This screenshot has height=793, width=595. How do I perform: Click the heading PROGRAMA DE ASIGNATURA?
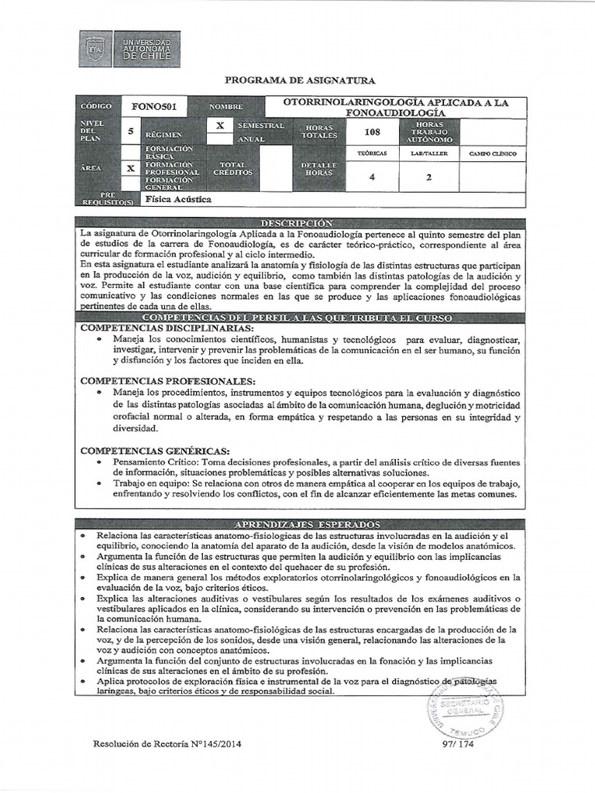point(299,81)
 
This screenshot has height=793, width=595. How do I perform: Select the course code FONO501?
point(158,106)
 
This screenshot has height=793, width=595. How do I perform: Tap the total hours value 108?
point(372,132)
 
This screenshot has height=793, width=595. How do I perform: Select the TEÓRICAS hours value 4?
point(372,177)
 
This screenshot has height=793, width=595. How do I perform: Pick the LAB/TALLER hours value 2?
point(429,177)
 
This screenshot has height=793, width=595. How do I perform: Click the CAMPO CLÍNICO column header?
point(493,154)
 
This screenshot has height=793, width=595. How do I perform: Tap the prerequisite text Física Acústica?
point(178,199)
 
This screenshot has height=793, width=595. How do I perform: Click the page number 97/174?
point(456,746)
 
